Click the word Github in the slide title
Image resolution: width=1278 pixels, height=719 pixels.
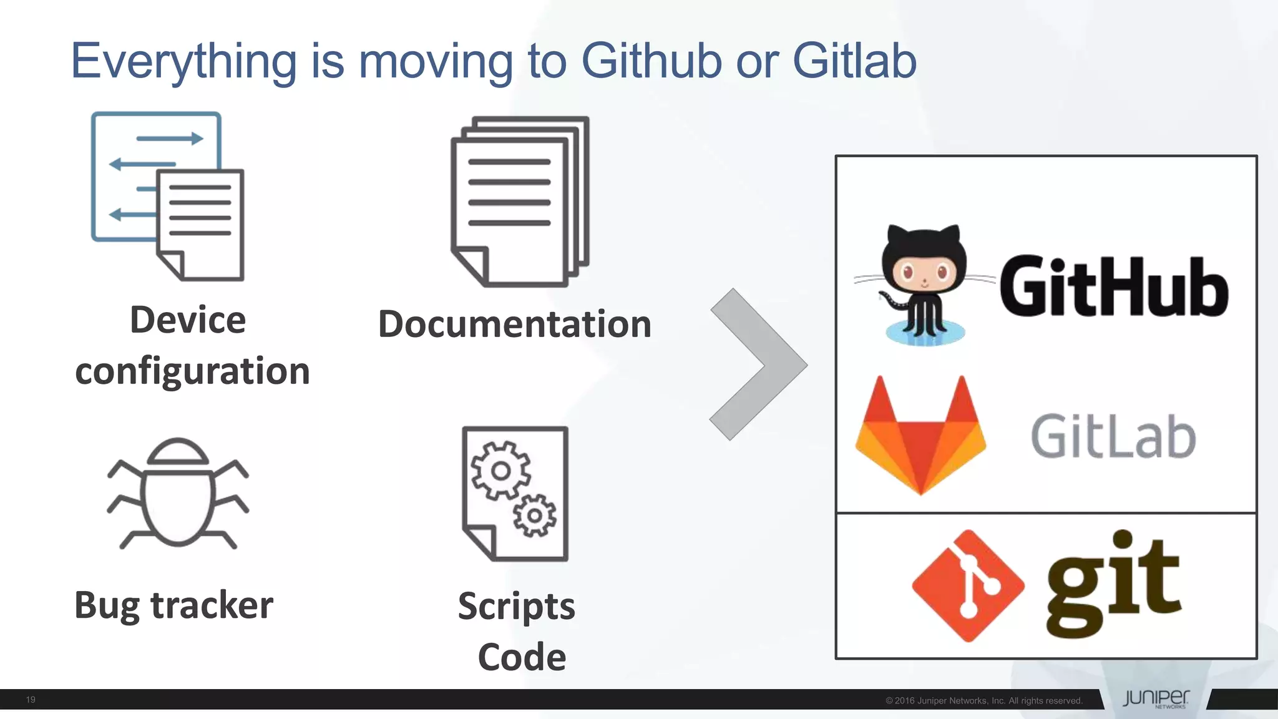pos(651,61)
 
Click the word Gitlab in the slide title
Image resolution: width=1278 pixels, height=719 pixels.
pos(854,61)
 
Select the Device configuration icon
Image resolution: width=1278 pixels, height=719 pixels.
pos(167,196)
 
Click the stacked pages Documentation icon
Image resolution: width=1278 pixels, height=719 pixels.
pos(519,201)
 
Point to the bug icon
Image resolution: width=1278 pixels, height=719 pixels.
pos(178,493)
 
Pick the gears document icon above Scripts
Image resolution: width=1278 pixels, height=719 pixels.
pos(515,493)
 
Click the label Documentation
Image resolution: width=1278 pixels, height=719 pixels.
pos(515,325)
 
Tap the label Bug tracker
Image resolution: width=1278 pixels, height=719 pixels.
pos(173,605)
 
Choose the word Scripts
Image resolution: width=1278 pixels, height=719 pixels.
pos(516,607)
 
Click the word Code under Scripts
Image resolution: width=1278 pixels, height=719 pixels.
pos(522,657)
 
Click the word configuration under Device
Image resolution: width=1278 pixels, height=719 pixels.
pos(192,371)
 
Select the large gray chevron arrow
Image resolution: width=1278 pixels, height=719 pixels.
pos(758,364)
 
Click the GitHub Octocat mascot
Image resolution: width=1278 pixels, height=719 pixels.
pos(924,284)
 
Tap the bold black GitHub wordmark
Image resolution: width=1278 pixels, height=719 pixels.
pos(1114,287)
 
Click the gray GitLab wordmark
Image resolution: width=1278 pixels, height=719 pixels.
pos(1113,437)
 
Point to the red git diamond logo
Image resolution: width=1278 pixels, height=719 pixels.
pos(968,585)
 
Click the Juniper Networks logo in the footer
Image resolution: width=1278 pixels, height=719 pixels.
pos(1156,698)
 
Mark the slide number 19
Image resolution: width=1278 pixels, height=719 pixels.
pos(31,700)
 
